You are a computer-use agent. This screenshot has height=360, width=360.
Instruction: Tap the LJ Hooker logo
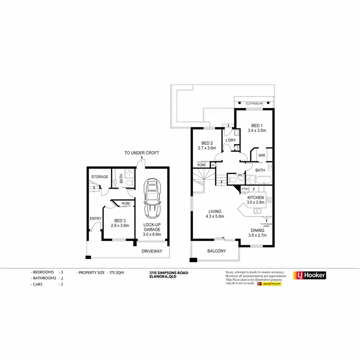tap(310, 275)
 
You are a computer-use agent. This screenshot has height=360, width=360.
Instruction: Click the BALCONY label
tap(216, 251)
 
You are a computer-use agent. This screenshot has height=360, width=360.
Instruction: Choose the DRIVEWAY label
tap(152, 251)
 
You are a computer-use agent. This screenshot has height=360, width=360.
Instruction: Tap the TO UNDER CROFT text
tap(142, 153)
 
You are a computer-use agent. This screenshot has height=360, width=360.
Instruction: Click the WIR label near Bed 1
tap(262, 156)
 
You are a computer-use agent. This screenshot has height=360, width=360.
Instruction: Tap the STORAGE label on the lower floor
tap(99, 177)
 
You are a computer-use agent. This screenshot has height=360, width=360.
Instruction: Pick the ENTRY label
tap(95, 219)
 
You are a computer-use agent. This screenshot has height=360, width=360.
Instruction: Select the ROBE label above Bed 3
tap(126, 204)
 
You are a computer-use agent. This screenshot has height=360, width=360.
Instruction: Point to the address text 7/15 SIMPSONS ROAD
tap(169, 272)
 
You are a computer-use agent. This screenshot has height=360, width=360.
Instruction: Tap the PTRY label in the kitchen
tap(244, 190)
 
